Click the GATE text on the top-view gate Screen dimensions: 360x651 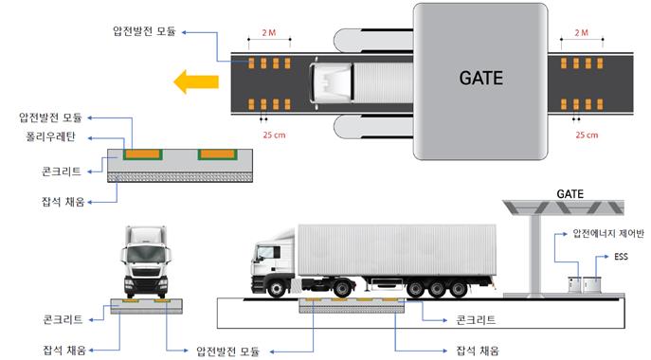pyautogui.click(x=480, y=78)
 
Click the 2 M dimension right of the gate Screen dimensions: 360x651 pyautogui.click(x=582, y=33)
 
